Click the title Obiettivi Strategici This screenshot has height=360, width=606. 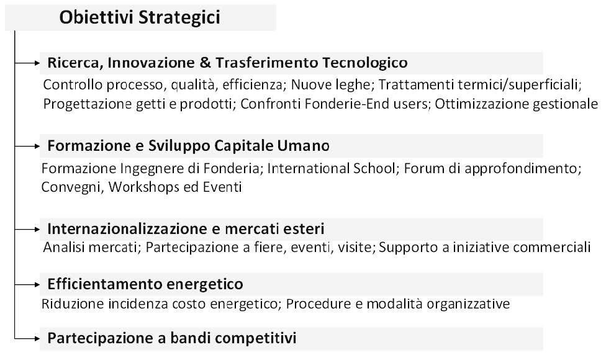pos(140,17)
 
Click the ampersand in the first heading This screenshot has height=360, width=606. pos(206,63)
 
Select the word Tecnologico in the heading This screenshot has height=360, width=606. pos(365,63)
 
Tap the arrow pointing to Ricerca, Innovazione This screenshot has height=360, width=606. pos(27,63)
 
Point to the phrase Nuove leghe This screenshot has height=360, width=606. pos(330,84)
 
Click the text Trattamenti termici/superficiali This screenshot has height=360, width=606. pos(479,84)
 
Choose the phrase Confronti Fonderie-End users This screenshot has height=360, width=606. pos(334,104)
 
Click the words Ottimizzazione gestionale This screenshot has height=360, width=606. pos(517,104)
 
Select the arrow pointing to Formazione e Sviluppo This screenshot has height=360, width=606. pos(27,146)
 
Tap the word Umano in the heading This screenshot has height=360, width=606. pos(304,146)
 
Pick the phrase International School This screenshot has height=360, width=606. pos(331,168)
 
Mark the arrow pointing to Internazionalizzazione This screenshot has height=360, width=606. pos(27,230)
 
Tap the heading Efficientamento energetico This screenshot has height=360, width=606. pos(145,284)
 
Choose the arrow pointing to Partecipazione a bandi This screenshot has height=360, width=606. pos(27,339)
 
